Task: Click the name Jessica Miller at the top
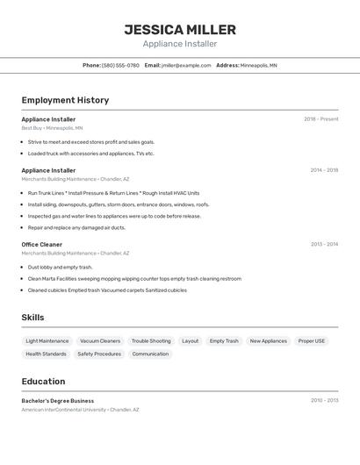pos(180,30)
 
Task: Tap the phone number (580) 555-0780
pos(120,65)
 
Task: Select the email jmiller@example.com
pos(186,65)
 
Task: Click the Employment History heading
pos(65,100)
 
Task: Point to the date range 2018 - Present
pos(320,119)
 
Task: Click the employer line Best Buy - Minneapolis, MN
pos(52,128)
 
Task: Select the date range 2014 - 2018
pos(323,170)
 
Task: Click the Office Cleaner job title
pos(42,244)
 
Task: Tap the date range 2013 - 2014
pos(323,244)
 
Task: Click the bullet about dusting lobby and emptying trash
pos(60,267)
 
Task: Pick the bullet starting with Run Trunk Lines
pos(113,193)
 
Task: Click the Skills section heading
pos(32,318)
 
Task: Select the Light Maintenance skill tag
pos(47,340)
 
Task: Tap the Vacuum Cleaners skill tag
pos(100,340)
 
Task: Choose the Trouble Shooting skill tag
pos(151,340)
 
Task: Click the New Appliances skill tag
pos(268,340)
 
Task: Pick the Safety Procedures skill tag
pos(99,354)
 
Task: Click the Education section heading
pos(43,382)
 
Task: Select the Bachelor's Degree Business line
pos(58,401)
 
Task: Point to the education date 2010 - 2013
pos(323,401)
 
